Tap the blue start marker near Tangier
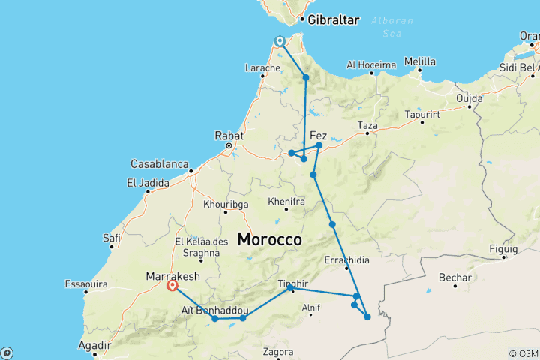(x=280, y=42)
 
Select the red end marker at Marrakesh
(x=172, y=286)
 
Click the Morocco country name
(x=269, y=240)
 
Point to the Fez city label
(x=319, y=135)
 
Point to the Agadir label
(x=94, y=346)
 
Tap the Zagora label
(x=279, y=350)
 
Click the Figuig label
(x=502, y=248)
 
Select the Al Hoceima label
(x=370, y=64)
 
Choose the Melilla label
(x=419, y=61)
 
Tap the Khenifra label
(x=287, y=202)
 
